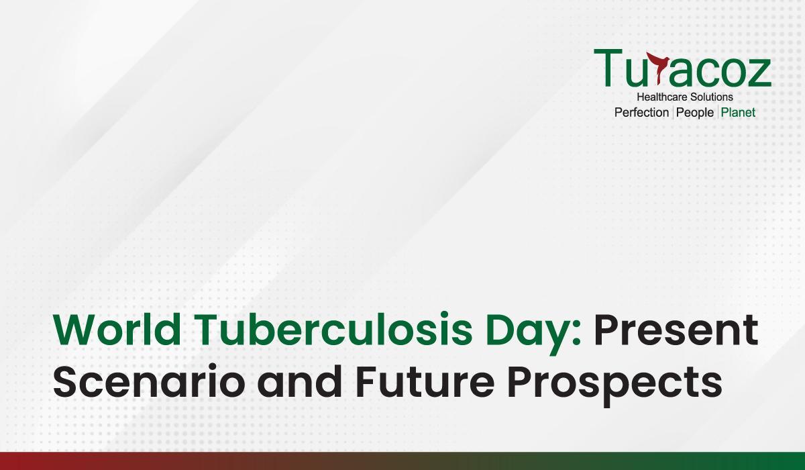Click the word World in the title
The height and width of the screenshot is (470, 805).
[117, 330]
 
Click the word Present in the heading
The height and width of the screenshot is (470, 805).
[676, 330]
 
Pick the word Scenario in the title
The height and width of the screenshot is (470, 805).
[149, 381]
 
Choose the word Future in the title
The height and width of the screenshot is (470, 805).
[425, 381]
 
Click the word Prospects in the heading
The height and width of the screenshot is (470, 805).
[614, 385]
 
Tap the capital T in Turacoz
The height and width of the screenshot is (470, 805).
[608, 68]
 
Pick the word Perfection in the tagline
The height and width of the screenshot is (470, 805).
[641, 113]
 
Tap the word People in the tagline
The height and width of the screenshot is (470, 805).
[695, 113]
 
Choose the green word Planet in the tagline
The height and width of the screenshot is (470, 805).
[738, 113]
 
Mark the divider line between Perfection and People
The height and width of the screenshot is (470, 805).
[673, 113]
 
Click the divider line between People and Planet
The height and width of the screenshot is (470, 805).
[718, 113]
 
